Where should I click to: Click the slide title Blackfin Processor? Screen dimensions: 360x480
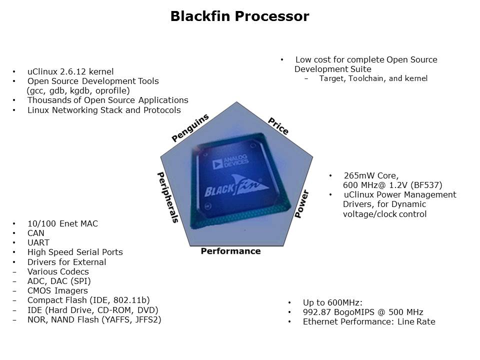[x=239, y=16]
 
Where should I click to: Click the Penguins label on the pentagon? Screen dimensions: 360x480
[x=190, y=128]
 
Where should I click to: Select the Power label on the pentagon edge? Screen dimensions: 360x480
[x=301, y=203]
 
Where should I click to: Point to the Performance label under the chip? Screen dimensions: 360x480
[x=230, y=251]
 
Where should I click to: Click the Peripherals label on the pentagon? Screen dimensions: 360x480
[x=168, y=197]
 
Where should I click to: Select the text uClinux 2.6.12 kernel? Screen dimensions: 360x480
[x=70, y=71]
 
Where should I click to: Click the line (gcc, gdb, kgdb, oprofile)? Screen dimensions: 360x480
[x=78, y=90]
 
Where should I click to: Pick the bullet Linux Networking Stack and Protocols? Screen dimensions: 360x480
[x=104, y=110]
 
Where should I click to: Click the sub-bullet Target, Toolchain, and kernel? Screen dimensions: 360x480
[x=373, y=78]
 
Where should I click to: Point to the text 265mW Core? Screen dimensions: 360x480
[x=370, y=175]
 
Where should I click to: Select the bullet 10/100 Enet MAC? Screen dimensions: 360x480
[x=62, y=223]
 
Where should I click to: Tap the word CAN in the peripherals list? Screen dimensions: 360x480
[x=36, y=233]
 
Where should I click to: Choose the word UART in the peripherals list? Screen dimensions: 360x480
[x=38, y=242]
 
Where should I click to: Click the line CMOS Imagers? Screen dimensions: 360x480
[x=57, y=290]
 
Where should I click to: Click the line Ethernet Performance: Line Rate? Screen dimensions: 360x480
[x=369, y=321]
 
